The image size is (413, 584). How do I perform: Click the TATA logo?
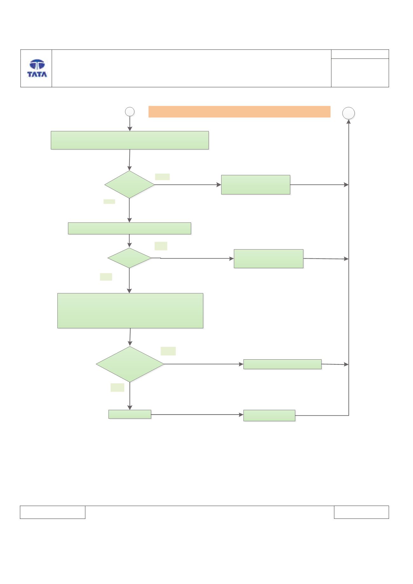click(x=37, y=68)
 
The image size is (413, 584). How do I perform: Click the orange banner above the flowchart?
click(x=239, y=112)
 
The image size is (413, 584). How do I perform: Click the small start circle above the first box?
click(x=130, y=112)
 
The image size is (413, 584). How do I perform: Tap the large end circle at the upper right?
click(x=349, y=113)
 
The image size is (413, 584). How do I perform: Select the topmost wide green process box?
click(x=130, y=140)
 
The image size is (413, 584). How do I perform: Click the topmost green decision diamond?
click(x=130, y=185)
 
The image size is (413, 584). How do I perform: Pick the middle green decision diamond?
click(x=130, y=258)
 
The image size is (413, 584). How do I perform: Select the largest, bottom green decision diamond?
click(x=130, y=364)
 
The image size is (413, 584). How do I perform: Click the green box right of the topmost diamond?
click(x=256, y=185)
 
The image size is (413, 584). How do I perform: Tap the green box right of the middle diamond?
click(x=269, y=259)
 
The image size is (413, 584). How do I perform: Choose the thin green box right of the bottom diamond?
click(x=283, y=364)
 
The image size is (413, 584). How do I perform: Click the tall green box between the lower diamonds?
click(x=130, y=311)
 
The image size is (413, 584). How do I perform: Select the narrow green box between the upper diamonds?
click(x=130, y=229)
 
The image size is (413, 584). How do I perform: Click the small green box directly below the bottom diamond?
click(x=130, y=414)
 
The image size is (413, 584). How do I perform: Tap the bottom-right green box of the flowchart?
click(x=269, y=415)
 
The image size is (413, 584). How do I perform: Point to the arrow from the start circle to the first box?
click(x=130, y=124)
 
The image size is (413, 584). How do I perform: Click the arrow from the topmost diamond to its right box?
click(x=188, y=185)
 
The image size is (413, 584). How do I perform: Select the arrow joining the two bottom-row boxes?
click(x=197, y=415)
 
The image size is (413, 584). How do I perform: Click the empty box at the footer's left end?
click(x=53, y=512)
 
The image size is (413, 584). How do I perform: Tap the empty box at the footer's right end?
click(x=361, y=512)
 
